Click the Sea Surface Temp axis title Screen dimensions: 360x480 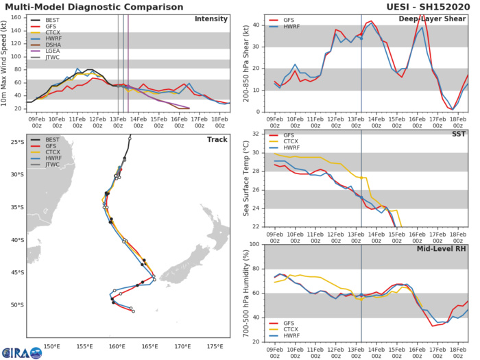click(x=242, y=180)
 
